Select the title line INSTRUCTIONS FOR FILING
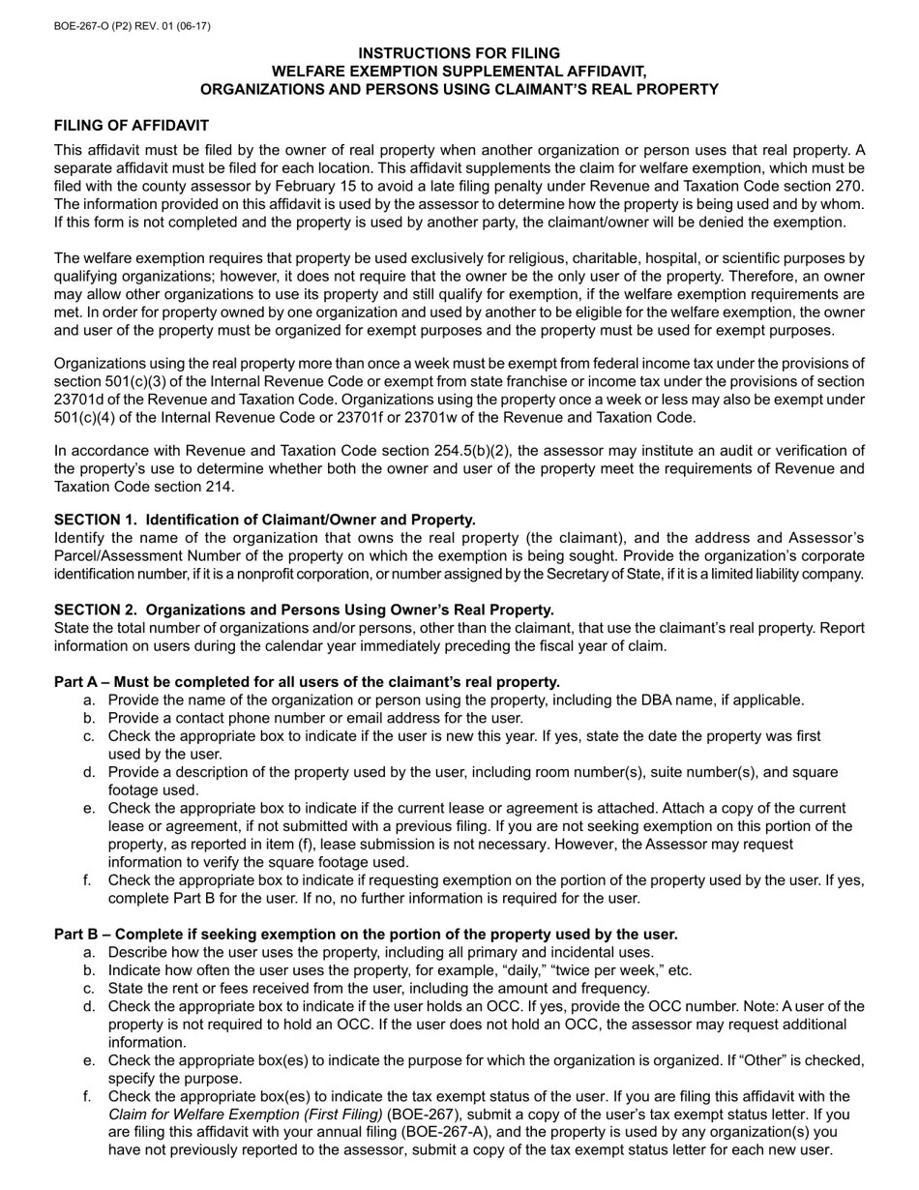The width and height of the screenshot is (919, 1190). coord(459,53)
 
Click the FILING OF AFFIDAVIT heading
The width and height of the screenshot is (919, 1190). coord(131,126)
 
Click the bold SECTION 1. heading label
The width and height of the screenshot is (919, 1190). coord(96,520)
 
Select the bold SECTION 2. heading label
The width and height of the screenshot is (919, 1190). coord(96,610)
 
